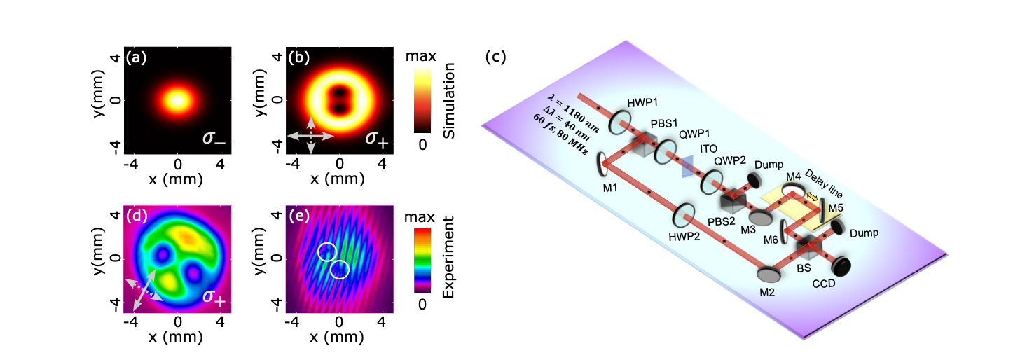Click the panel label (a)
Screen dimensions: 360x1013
point(137,58)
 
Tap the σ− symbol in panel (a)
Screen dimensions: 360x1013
point(214,137)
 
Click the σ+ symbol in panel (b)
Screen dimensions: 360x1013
point(375,137)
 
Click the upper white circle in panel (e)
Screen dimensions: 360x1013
point(326,251)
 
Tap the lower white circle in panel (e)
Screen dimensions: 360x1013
point(340,269)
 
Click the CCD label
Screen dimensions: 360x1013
point(846,284)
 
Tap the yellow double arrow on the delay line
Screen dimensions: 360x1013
point(812,198)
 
